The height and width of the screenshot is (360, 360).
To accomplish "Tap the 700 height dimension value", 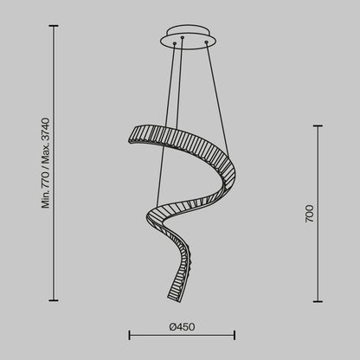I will tap(309, 213).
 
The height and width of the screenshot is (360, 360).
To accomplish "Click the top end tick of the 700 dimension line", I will tap(320, 126).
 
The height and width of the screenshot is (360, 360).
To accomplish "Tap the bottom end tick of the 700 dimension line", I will tap(320, 300).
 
